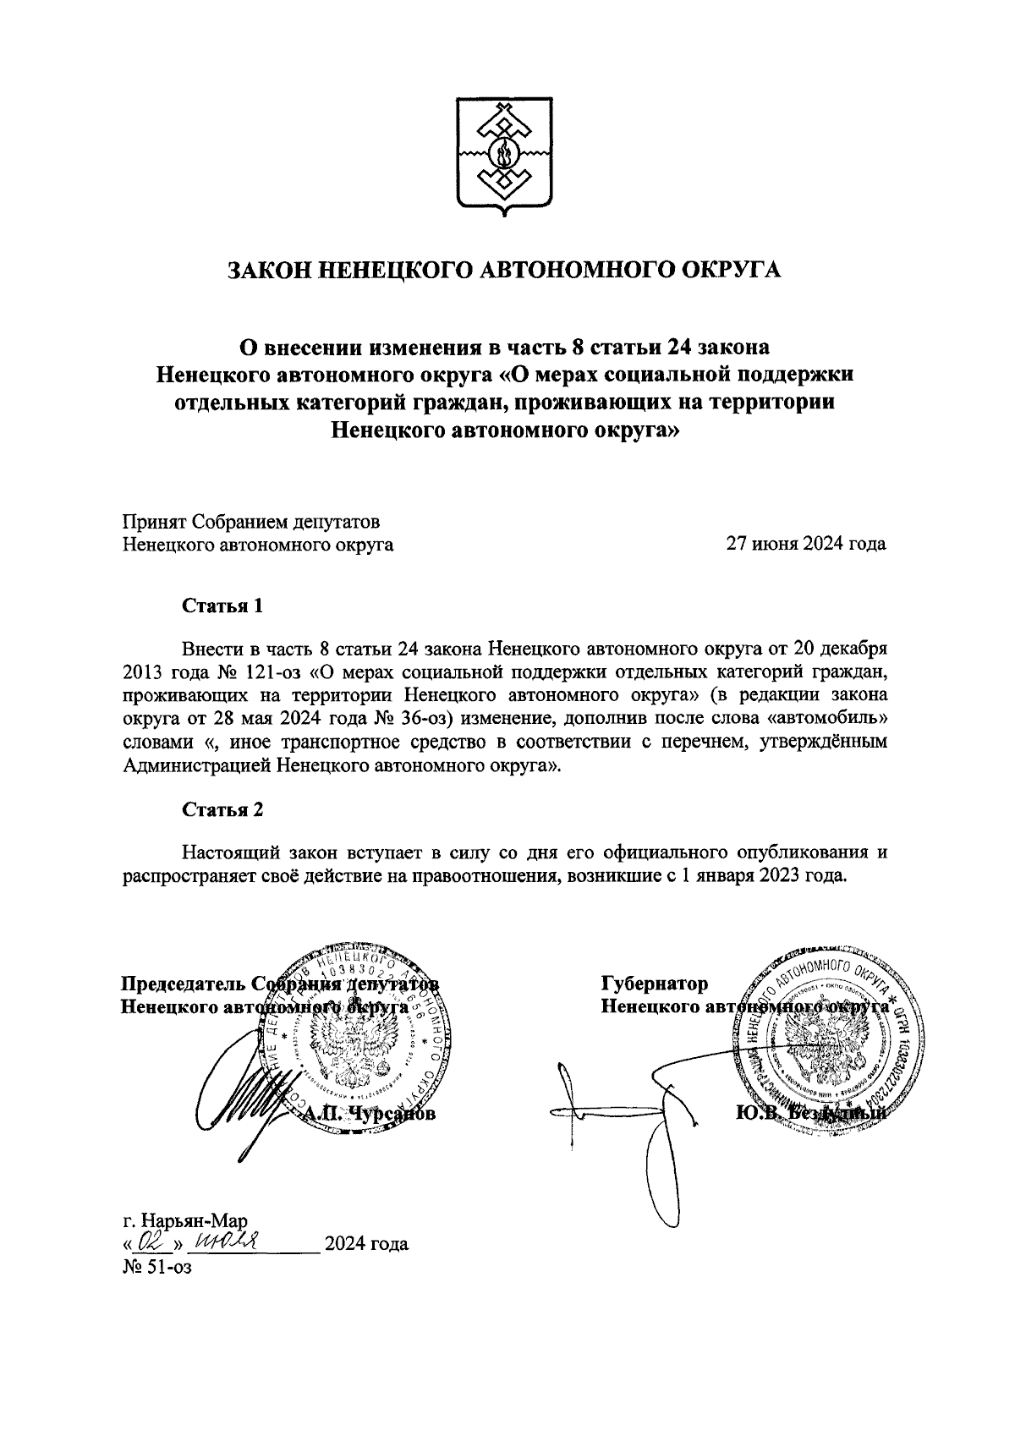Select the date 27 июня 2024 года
[806, 544]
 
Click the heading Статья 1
[223, 606]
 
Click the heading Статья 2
[223, 809]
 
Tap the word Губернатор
[655, 984]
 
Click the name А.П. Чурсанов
[366, 1115]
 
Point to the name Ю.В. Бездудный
[810, 1114]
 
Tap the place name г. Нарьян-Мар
[184, 1221]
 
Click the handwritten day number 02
[151, 1241]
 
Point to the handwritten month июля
[225, 1240]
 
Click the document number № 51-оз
[158, 1267]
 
